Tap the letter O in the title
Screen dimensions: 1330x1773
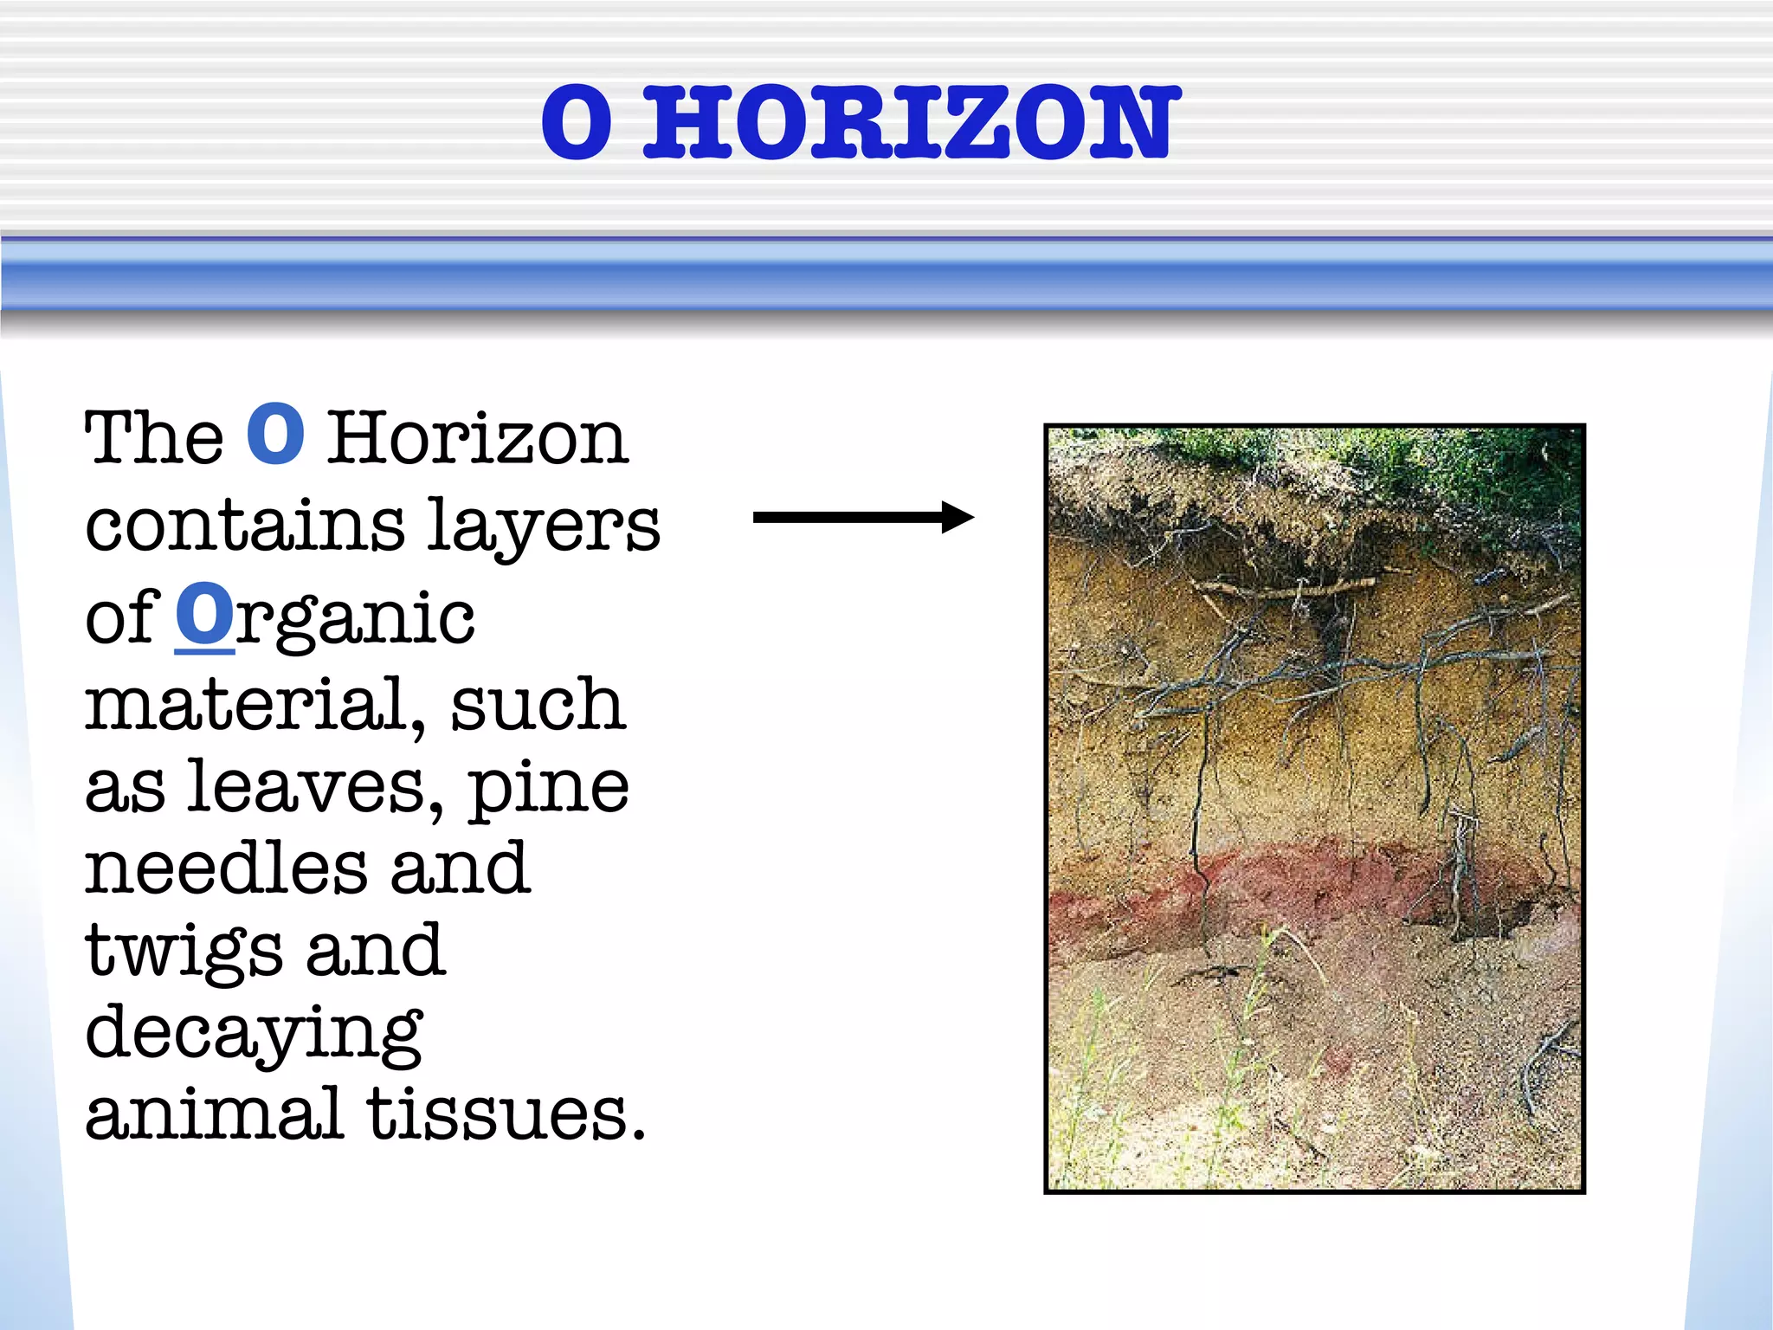[x=577, y=123]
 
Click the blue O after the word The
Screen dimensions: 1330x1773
[x=275, y=435]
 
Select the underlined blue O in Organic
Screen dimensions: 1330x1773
[x=204, y=614]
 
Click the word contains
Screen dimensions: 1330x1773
[x=245, y=526]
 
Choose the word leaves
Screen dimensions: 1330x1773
[x=314, y=787]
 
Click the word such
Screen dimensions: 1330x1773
[x=537, y=705]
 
